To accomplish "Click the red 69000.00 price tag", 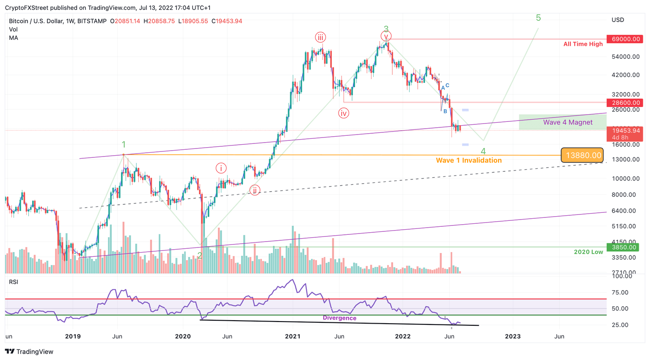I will (625, 39).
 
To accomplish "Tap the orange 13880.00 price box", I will (582, 155).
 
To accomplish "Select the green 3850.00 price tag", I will (625, 247).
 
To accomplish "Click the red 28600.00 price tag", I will (625, 103).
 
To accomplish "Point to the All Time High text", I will (583, 44).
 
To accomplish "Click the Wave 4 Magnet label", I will (567, 122).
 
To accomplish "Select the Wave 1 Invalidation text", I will (468, 160).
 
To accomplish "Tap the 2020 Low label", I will (588, 252).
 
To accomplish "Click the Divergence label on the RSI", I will (339, 318).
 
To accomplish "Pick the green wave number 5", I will (538, 18).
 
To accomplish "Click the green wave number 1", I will (124, 145).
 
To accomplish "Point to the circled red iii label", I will (320, 38).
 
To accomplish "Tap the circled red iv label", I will (344, 113).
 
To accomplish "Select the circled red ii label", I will (255, 190).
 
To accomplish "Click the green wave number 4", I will (483, 151).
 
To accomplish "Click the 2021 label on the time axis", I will (293, 337).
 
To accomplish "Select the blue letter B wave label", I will (445, 112).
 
